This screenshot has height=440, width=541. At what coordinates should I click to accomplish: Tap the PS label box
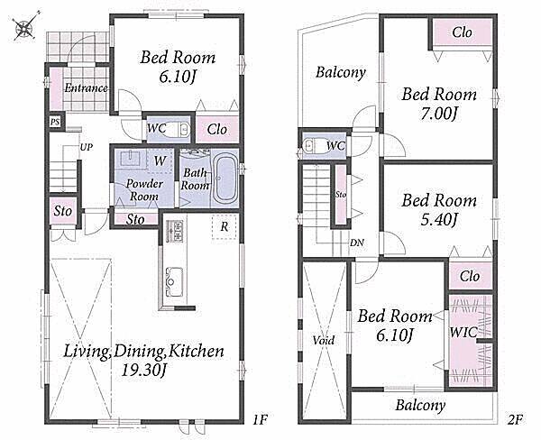[55, 122]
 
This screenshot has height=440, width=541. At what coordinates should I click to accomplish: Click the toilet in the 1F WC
[180, 130]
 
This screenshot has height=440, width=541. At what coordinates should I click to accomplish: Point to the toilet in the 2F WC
[313, 145]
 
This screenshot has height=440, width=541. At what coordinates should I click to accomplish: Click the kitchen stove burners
[175, 231]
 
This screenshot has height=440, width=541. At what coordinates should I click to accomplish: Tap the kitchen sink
[174, 281]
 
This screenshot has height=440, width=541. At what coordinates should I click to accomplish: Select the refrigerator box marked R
[225, 226]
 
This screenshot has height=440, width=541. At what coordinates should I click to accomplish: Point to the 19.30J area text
[144, 371]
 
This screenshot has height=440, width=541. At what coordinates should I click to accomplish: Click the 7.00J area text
[439, 114]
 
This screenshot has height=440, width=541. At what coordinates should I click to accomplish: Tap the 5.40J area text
[439, 220]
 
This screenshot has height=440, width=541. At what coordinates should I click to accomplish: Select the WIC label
[463, 333]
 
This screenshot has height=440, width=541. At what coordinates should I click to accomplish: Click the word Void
[324, 341]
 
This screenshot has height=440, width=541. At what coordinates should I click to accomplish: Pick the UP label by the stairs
[87, 147]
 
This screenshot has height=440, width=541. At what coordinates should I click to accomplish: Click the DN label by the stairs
[357, 243]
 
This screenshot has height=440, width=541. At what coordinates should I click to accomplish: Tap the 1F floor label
[260, 420]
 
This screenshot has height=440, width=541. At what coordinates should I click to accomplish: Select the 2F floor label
[515, 420]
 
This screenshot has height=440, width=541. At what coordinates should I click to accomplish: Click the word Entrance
[87, 88]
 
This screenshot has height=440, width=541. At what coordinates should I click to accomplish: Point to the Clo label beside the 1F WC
[217, 130]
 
